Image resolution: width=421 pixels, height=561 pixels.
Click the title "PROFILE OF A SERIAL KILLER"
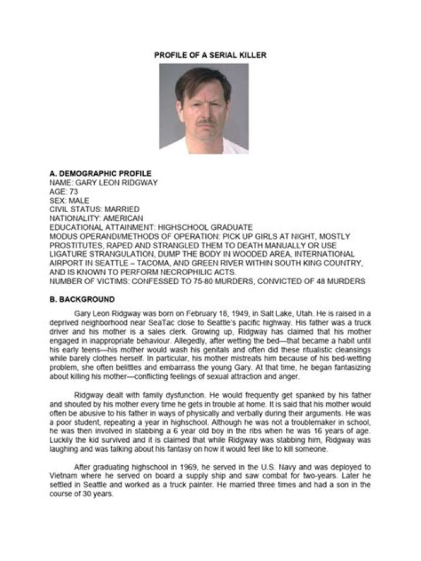coord(210,55)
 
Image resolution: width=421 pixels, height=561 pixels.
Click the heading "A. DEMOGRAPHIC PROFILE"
coord(100,174)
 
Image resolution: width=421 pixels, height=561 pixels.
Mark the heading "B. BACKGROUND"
coord(82,299)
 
